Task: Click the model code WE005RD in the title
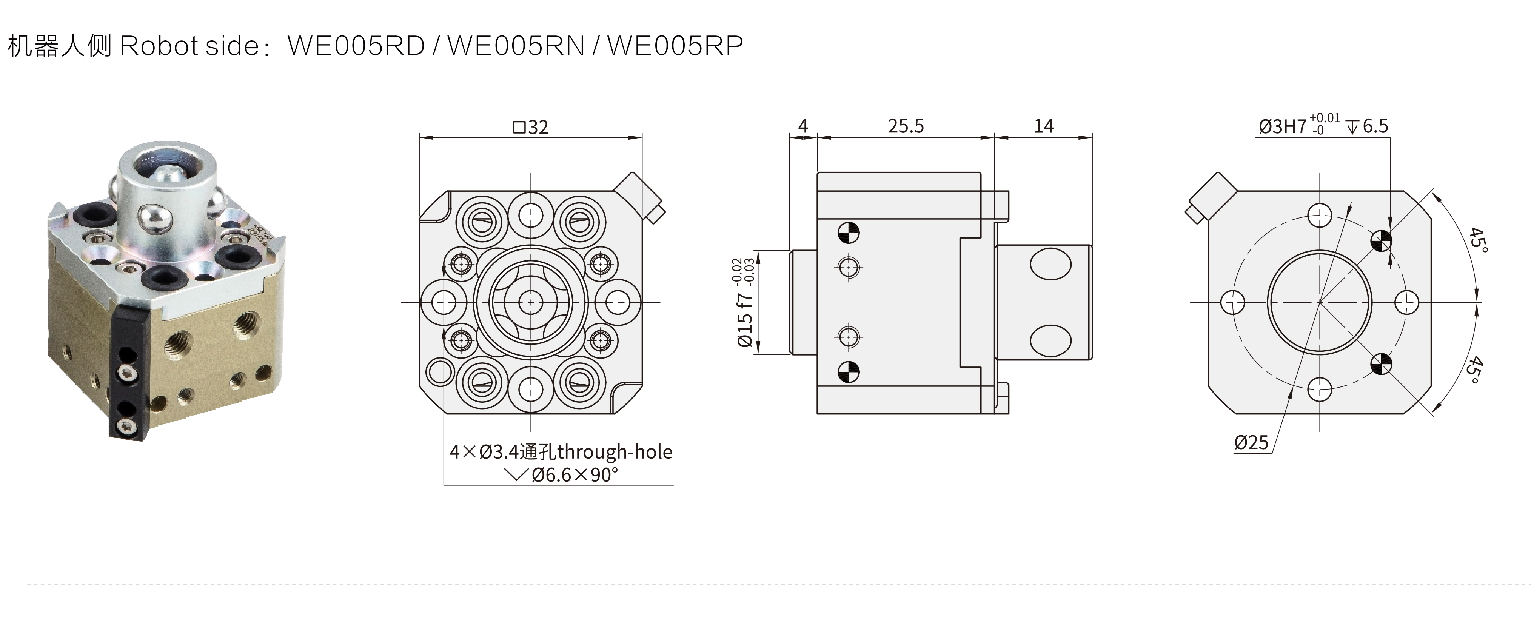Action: point(356,45)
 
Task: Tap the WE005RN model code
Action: point(516,45)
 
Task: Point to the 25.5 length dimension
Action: point(906,126)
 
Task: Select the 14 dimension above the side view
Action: point(1044,126)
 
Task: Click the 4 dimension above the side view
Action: point(803,126)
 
